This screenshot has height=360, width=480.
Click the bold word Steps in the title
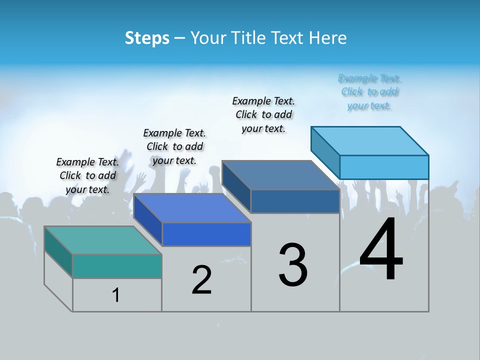point(147,38)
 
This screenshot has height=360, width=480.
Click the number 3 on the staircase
point(293,265)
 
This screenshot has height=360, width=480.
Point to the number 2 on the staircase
point(202,280)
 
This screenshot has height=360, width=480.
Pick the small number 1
point(116,295)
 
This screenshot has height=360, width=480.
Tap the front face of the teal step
point(117,266)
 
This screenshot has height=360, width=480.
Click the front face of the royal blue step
point(206,234)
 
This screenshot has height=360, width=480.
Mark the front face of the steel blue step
point(295,201)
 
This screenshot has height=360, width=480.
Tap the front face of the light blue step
point(384,167)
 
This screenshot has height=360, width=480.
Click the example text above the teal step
point(87,175)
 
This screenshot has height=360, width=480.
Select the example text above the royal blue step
point(174,146)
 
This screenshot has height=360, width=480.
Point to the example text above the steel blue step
point(263,114)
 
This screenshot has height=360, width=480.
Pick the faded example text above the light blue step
point(369,92)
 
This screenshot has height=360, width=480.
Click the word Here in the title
point(329,38)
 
